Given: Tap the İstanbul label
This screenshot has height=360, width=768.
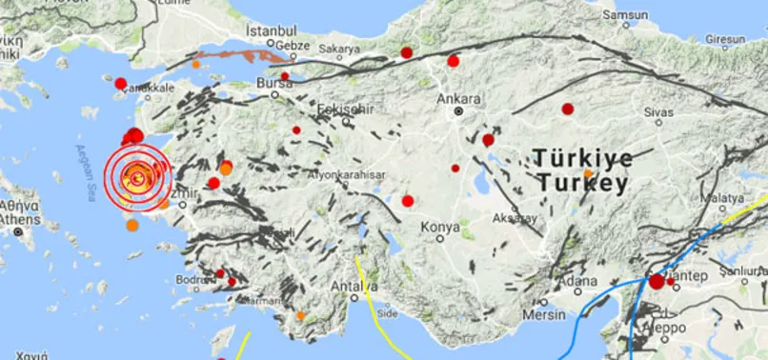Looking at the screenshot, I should (265, 30).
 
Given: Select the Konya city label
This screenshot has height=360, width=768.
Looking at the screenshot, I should (440, 228).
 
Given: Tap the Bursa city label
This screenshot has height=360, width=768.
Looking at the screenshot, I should (274, 83).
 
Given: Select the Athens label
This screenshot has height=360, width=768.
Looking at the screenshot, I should (20, 220).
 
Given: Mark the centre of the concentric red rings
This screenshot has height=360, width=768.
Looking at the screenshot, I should (138, 176).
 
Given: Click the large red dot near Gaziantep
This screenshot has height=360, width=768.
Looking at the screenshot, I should (657, 282).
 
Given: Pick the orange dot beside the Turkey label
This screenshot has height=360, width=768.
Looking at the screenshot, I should (588, 173).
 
